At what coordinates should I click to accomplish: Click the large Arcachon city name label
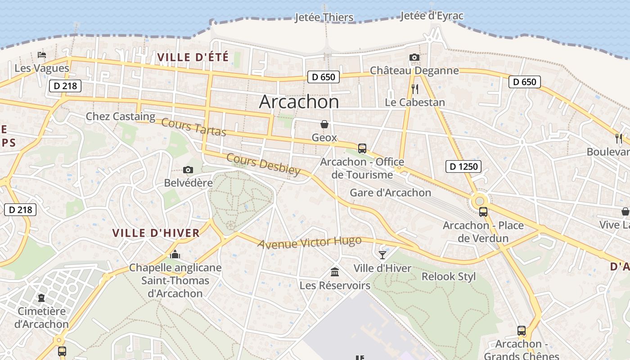[x=299, y=102]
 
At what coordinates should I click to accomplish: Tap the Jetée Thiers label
[x=324, y=18]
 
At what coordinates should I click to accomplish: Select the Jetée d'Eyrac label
[x=432, y=16]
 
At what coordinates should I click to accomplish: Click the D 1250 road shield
[x=463, y=166]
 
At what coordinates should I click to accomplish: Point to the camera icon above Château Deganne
[x=414, y=57]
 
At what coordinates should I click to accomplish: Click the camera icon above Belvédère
[x=188, y=170]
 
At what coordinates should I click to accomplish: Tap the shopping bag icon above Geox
[x=324, y=124]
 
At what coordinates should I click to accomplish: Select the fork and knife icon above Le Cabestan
[x=415, y=89]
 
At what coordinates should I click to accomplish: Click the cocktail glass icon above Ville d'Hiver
[x=382, y=255]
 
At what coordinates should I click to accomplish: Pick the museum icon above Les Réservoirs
[x=335, y=272]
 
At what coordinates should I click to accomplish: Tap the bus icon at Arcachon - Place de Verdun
[x=483, y=211]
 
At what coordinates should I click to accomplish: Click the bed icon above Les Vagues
[x=42, y=55]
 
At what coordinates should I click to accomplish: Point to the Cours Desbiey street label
[x=263, y=164]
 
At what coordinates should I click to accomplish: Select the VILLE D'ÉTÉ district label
[x=193, y=57]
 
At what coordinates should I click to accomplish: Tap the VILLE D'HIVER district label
[x=156, y=233]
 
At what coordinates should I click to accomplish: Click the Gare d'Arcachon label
[x=390, y=193]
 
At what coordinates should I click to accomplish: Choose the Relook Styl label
[x=448, y=276]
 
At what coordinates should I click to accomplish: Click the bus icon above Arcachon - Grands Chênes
[x=521, y=331]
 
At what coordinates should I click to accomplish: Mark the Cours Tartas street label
[x=193, y=127]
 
